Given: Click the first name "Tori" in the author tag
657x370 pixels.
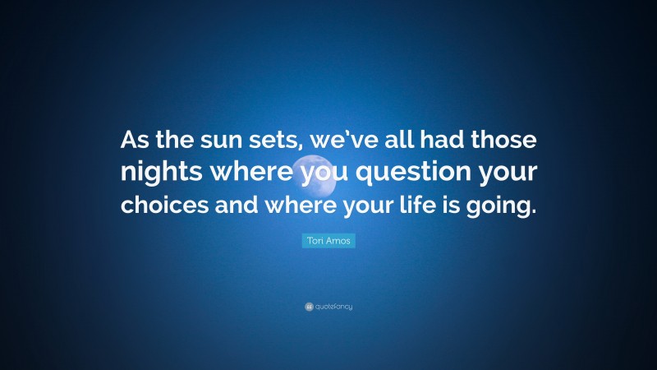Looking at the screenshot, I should coord(315,240).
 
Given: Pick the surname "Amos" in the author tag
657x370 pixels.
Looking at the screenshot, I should coord(339,240).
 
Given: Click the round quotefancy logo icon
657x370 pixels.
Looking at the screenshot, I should coord(309,307).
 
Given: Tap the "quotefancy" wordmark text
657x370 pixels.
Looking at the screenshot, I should coord(334,307).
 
